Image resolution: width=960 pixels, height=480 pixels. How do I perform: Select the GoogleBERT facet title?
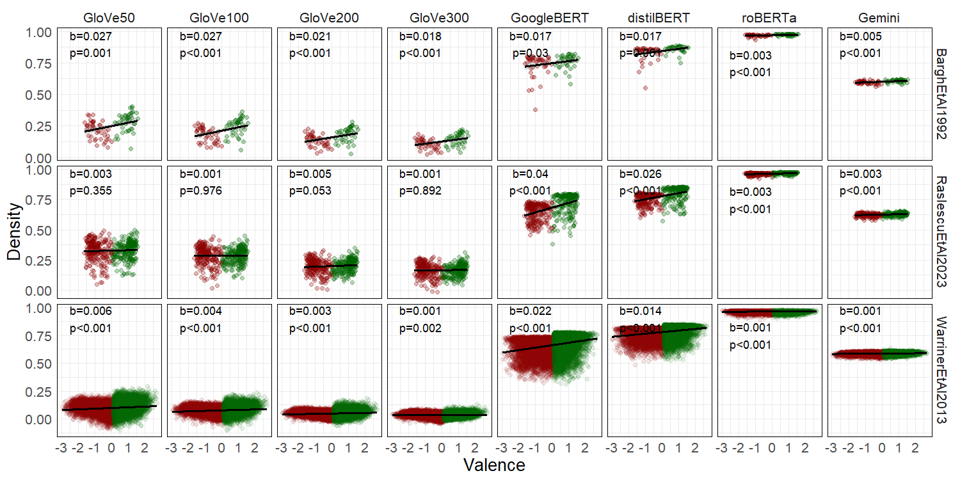click(548, 19)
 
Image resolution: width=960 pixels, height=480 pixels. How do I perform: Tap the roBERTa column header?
click(769, 19)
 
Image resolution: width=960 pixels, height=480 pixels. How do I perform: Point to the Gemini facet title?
click(879, 19)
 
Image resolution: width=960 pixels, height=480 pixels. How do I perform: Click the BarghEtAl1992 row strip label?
click(942, 93)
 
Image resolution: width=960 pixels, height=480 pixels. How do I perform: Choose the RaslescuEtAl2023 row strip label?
click(942, 232)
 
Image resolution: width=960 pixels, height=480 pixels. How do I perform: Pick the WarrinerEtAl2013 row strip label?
click(942, 369)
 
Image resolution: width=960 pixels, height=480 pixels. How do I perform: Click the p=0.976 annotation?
click(200, 191)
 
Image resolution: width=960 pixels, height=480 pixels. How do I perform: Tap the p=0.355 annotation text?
click(90, 191)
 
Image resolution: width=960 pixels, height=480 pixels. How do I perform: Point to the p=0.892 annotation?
click(420, 191)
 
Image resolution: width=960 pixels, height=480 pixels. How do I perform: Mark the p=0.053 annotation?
click(310, 191)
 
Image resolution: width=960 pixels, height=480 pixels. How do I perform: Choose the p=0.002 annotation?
click(420, 328)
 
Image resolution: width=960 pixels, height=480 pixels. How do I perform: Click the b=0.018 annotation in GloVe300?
click(420, 36)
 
